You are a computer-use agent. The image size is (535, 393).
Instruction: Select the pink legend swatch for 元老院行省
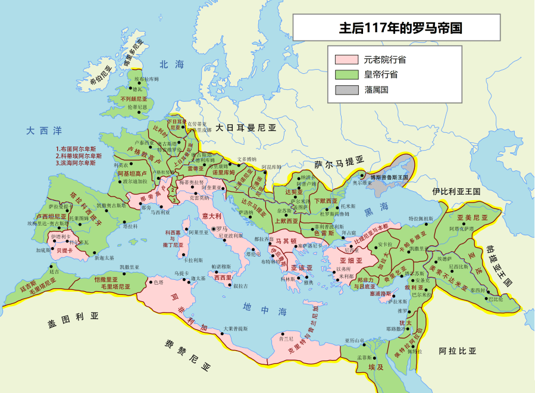[x=346, y=60]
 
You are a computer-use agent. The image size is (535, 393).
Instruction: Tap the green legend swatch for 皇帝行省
[x=346, y=75]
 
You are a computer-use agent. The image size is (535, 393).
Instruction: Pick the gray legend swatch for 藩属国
[x=346, y=91]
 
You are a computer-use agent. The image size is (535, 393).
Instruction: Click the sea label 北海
[x=172, y=65]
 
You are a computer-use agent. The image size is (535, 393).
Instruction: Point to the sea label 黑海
[x=376, y=206]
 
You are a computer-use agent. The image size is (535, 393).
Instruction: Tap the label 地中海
[x=265, y=308]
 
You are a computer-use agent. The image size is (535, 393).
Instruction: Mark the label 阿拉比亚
[x=457, y=351]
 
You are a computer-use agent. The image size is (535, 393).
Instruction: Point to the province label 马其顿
[x=286, y=241]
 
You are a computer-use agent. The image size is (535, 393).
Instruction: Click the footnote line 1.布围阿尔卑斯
[x=76, y=149]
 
